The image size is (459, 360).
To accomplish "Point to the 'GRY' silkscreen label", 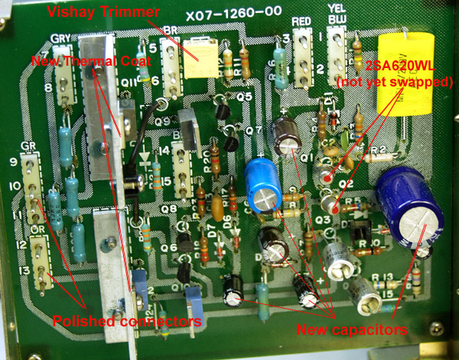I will [x=60, y=38].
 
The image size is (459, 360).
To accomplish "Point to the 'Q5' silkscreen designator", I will [x=244, y=96].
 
